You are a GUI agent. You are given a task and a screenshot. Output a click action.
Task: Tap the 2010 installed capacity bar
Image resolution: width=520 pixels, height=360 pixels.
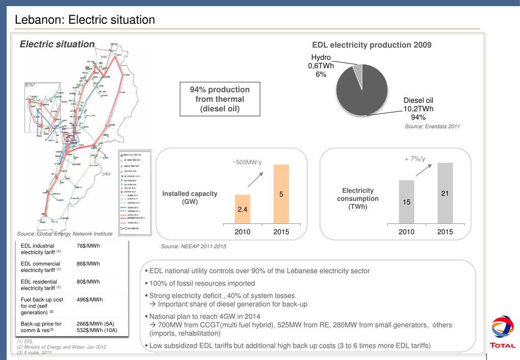(242, 208)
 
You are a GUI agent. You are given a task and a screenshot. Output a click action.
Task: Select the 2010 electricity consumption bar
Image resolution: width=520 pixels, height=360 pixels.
(407, 201)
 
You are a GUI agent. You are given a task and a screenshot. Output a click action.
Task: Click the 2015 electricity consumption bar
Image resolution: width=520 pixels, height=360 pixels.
(444, 193)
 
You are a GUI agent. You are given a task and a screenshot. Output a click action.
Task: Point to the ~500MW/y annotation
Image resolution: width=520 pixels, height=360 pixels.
(247, 162)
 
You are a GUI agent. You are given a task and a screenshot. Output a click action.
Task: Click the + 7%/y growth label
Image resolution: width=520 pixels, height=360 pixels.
(415, 159)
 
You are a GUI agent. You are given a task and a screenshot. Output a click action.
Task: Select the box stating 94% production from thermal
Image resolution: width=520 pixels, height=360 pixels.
(220, 99)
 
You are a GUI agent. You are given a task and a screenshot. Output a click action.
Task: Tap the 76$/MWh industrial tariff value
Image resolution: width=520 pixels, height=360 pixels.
(88, 247)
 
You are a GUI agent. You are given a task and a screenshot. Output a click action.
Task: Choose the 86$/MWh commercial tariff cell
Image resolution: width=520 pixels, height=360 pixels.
(88, 264)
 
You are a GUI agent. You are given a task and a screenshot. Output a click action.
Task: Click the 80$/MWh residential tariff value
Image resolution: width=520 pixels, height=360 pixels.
(88, 281)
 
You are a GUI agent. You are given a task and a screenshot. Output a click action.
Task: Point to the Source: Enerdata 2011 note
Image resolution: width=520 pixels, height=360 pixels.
(432, 126)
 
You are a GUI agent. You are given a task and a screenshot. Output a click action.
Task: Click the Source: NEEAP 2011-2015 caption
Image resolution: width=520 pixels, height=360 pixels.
(194, 246)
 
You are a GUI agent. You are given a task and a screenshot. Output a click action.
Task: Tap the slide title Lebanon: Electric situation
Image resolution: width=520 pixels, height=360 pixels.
(84, 20)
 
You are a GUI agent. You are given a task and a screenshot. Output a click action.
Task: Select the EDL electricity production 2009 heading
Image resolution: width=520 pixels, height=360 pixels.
(372, 45)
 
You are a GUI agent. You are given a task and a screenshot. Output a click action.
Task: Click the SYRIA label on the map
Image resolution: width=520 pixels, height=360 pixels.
(106, 174)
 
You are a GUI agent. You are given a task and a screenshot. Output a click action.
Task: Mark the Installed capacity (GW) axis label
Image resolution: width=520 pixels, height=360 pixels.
(190, 197)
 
